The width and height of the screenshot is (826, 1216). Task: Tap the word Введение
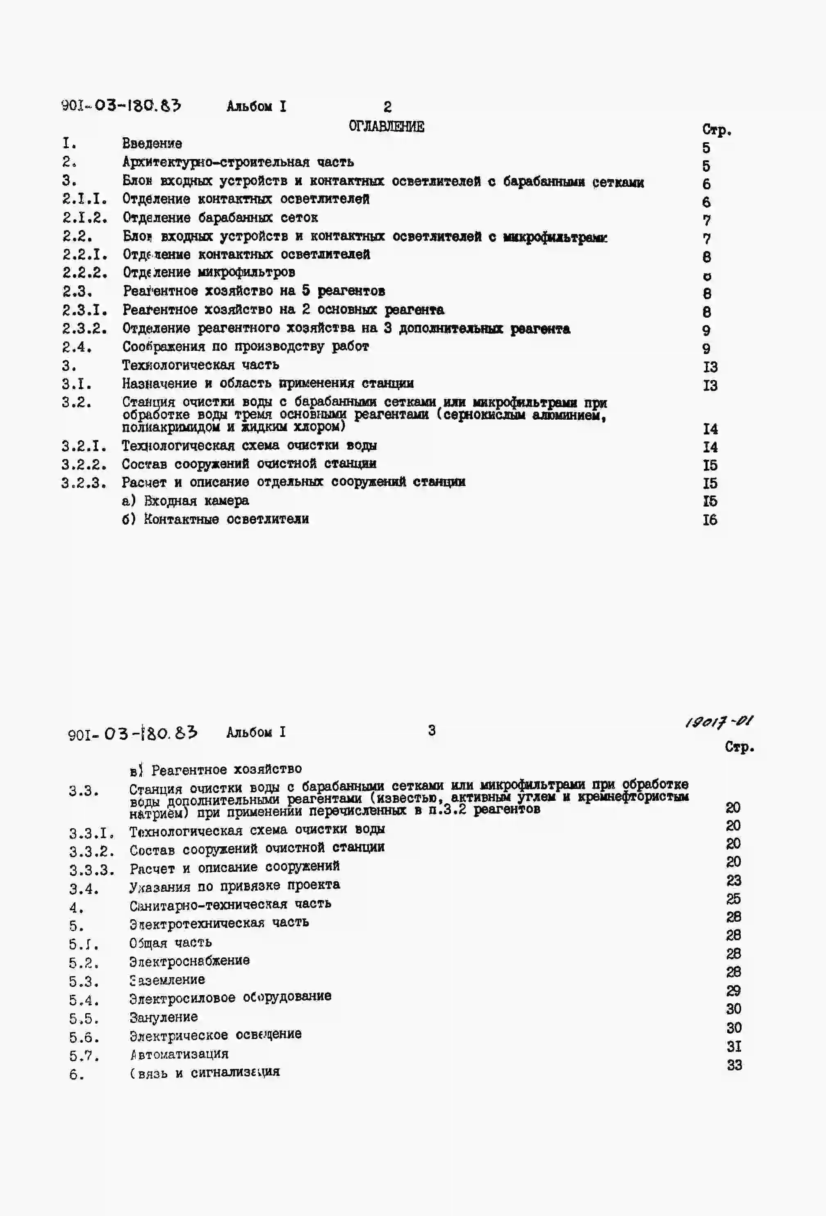click(x=152, y=143)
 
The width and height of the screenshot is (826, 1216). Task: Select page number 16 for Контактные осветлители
click(x=710, y=520)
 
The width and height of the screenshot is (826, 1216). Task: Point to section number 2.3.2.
click(x=84, y=329)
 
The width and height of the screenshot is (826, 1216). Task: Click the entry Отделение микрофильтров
click(x=209, y=272)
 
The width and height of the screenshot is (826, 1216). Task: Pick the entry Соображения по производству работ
click(x=246, y=346)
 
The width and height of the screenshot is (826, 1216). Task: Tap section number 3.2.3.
click(x=84, y=482)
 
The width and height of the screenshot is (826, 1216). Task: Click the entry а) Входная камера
click(x=185, y=501)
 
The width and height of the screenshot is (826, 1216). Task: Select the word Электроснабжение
click(x=189, y=961)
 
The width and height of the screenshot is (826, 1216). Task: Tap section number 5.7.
click(x=84, y=1056)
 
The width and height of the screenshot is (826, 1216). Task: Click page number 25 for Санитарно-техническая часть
click(x=733, y=899)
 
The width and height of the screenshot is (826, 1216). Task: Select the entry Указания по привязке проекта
click(x=234, y=885)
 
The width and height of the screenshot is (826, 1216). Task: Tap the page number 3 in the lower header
click(x=431, y=730)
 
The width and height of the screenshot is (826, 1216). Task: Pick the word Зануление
click(x=163, y=1017)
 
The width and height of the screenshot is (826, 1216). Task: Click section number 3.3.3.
click(x=91, y=870)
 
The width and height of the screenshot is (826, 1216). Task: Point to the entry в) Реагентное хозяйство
click(x=216, y=769)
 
